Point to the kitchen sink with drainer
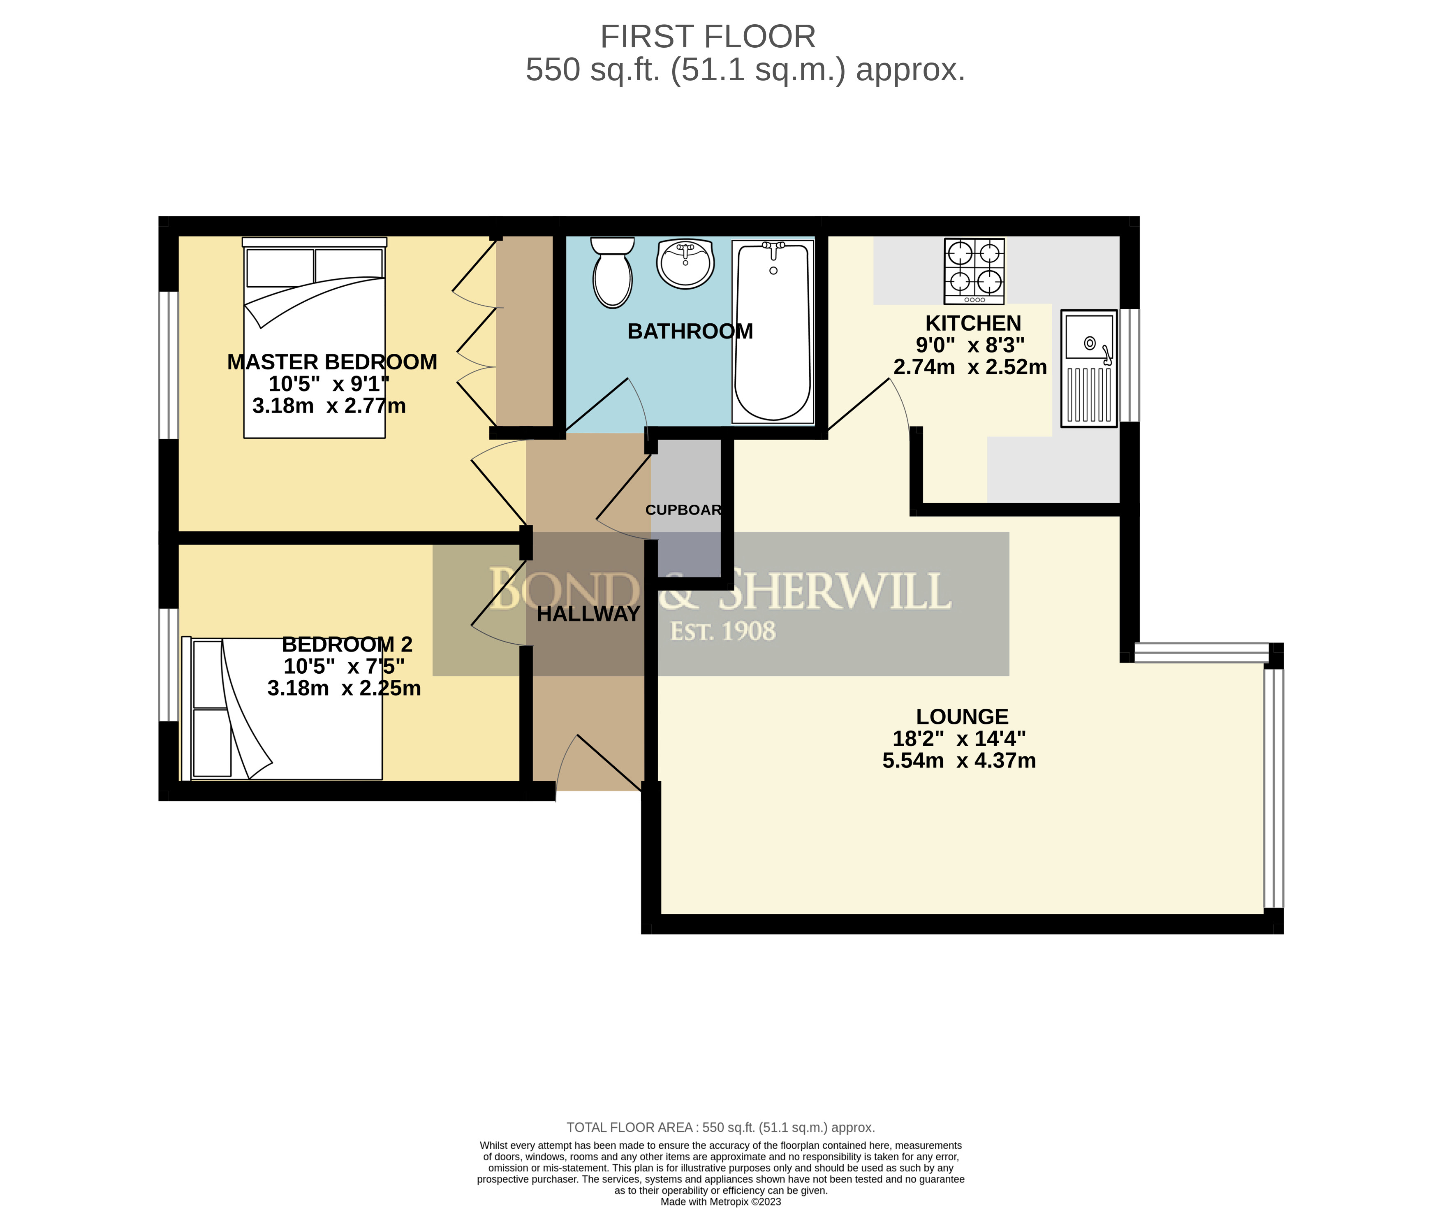pyautogui.click(x=1089, y=368)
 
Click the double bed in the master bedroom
pyautogui.click(x=315, y=338)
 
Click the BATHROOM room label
pyautogui.click(x=690, y=332)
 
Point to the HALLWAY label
pyautogui.click(x=588, y=614)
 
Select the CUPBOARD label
pyautogui.click(x=683, y=510)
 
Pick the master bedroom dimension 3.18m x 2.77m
pyautogui.click(x=329, y=406)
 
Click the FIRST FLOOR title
pyautogui.click(x=708, y=36)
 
